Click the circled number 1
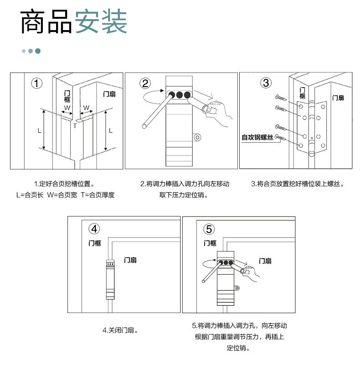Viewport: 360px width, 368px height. pos(37,83)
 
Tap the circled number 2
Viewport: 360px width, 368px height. pos(145,83)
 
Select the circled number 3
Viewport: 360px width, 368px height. pos(266,83)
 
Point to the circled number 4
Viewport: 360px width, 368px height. pos(94,228)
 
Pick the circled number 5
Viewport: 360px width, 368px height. pos(209,229)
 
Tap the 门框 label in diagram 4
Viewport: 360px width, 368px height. pos(95,244)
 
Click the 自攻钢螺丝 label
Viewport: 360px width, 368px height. pos(257,137)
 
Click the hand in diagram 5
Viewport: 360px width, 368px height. pos(250,272)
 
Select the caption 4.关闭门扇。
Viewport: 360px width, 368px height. pos(120,330)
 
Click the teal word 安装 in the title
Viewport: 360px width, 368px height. pos(101,22)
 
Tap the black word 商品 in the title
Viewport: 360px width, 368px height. pos(46,22)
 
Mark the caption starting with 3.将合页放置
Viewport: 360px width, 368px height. pos(297,184)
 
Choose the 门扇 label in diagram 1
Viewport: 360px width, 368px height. pos(109,94)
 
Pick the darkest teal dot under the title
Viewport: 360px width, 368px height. pos(38,51)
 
